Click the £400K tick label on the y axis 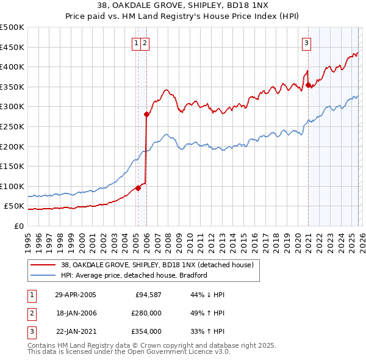(12, 67)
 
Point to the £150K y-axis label (12, 166)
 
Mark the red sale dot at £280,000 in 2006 (146, 114)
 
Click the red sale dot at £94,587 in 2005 (138, 188)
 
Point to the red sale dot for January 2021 (309, 85)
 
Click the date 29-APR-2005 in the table (75, 295)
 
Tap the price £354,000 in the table (146, 331)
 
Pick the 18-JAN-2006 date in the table (75, 313)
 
